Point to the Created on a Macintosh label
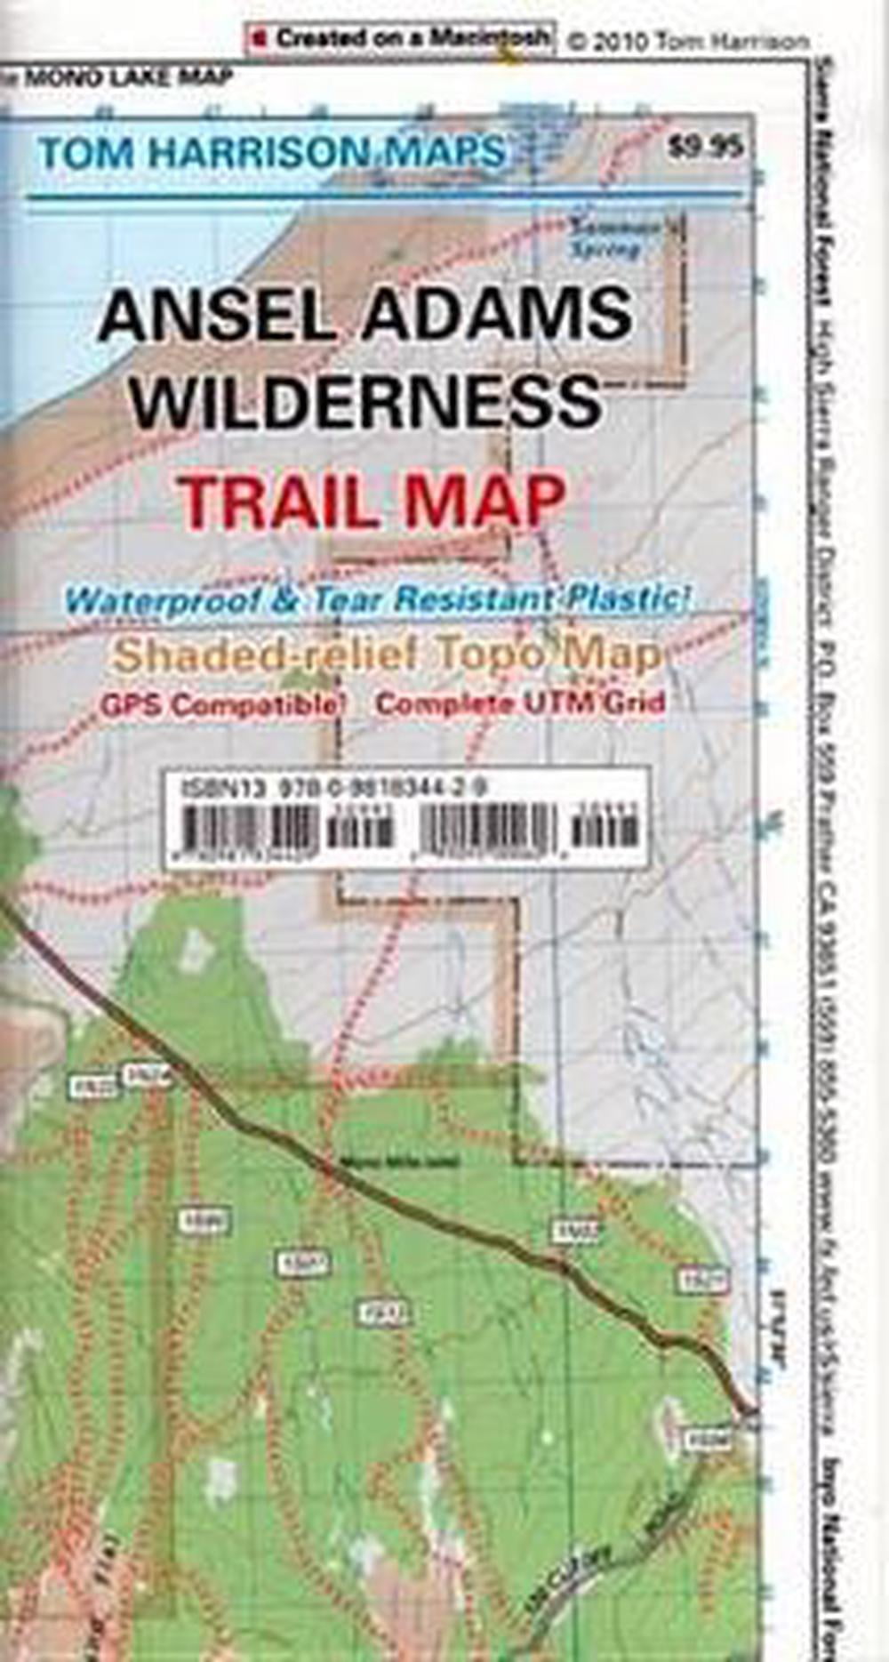click(x=412, y=38)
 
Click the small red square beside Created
click(x=259, y=39)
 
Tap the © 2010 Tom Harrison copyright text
click(x=688, y=41)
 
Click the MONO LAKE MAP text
click(x=128, y=78)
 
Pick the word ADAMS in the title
click(x=499, y=316)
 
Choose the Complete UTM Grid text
click(x=520, y=704)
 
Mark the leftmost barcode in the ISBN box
click(x=250, y=830)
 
